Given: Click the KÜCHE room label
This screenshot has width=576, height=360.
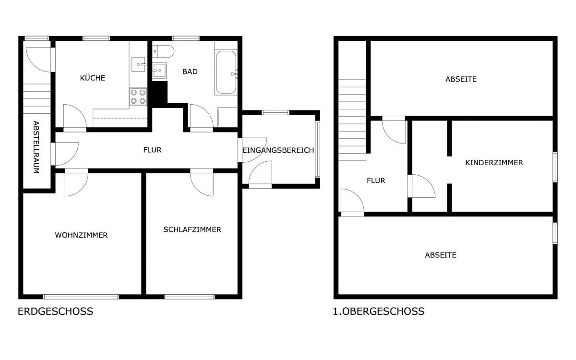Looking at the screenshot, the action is coord(93,78).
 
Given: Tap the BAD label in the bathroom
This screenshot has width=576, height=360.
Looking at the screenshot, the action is coord(190,72).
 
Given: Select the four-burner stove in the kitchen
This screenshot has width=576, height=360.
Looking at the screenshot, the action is coord(138,96).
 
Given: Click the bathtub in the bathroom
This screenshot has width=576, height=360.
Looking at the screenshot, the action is coord(226,72).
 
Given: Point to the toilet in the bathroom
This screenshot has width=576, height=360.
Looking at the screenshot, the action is coord(163,52).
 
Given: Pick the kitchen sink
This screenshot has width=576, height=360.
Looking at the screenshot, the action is coord(139,64).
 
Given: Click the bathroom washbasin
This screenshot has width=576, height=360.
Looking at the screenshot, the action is coord(159,70).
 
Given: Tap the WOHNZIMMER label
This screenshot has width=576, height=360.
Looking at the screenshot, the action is coord(81,235).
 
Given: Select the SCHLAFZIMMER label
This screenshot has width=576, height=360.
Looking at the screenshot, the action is coord(192,229).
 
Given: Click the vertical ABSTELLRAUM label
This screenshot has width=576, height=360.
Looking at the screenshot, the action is coord(36,147).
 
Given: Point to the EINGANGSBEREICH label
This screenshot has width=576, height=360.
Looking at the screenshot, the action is coord(278,150).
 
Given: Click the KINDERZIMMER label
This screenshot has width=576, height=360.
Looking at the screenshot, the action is coord(494,163).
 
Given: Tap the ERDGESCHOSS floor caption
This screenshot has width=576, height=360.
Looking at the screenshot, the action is coord(55,312).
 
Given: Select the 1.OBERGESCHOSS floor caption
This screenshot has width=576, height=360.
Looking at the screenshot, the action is coord(379,312).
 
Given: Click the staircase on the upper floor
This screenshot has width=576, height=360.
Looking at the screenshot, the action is coord(352,120).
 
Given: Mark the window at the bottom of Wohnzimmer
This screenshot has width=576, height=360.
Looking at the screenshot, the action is coord(81,297).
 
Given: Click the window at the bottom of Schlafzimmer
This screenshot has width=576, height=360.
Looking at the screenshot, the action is coord(190,297).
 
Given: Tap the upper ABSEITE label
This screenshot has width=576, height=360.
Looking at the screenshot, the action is coord(461,79).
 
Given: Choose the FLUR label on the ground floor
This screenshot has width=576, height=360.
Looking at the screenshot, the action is coord(152,150).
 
